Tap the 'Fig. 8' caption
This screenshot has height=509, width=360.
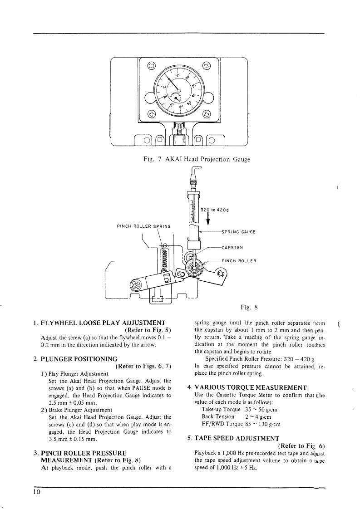pyautogui.click(x=249, y=307)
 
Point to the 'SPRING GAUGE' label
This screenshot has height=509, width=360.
pyautogui.click(x=238, y=232)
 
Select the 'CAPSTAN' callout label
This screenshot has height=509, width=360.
pyautogui.click(x=233, y=247)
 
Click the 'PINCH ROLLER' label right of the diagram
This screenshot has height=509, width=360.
pyautogui.click(x=239, y=261)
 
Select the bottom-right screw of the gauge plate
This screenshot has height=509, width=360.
pyautogui.click(x=207, y=114)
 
